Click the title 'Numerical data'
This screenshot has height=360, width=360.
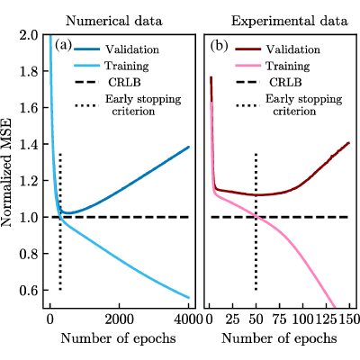[x=114, y=22]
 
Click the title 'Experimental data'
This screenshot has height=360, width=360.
[x=290, y=22]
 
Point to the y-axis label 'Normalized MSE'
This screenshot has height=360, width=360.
[x=6, y=173]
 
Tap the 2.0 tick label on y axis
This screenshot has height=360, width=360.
[x=29, y=35]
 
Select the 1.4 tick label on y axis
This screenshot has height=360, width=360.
[x=29, y=144]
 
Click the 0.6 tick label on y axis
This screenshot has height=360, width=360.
[x=29, y=290]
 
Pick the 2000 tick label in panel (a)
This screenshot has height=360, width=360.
[x=119, y=319]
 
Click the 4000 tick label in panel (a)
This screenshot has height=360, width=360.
[x=188, y=319]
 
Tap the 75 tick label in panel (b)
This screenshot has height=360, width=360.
[x=279, y=319]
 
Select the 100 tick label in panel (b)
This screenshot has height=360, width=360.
[x=302, y=319]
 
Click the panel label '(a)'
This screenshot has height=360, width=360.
[x=63, y=45]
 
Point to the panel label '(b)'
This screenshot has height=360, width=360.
[x=219, y=45]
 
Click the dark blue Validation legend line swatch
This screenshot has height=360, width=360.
[x=86, y=49]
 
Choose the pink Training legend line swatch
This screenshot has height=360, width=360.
[x=248, y=66]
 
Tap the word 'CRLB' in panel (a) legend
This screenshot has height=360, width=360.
[x=124, y=82]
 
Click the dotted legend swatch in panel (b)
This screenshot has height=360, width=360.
[x=248, y=105]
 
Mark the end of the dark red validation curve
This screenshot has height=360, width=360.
[x=349, y=142]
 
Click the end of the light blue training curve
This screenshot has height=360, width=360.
[x=189, y=298]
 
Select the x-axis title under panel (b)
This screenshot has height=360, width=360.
[x=279, y=338]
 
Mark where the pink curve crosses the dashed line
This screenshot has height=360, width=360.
[x=256, y=217]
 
